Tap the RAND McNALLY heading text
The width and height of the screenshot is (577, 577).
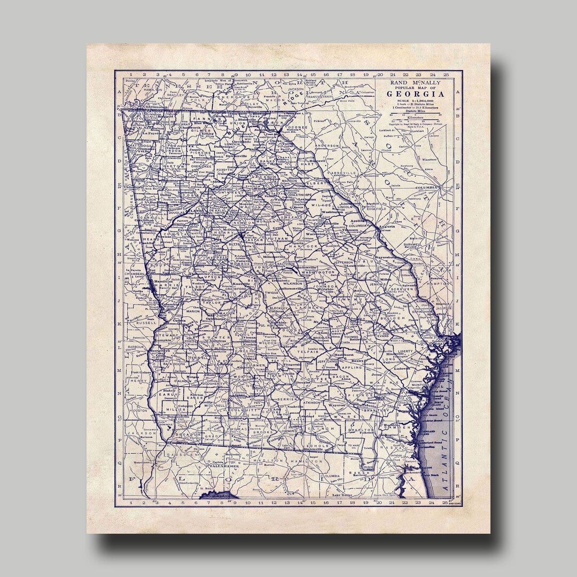415,83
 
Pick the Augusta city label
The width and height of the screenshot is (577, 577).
387,227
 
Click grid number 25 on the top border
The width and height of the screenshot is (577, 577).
445,75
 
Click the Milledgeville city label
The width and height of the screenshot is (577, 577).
274,257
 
